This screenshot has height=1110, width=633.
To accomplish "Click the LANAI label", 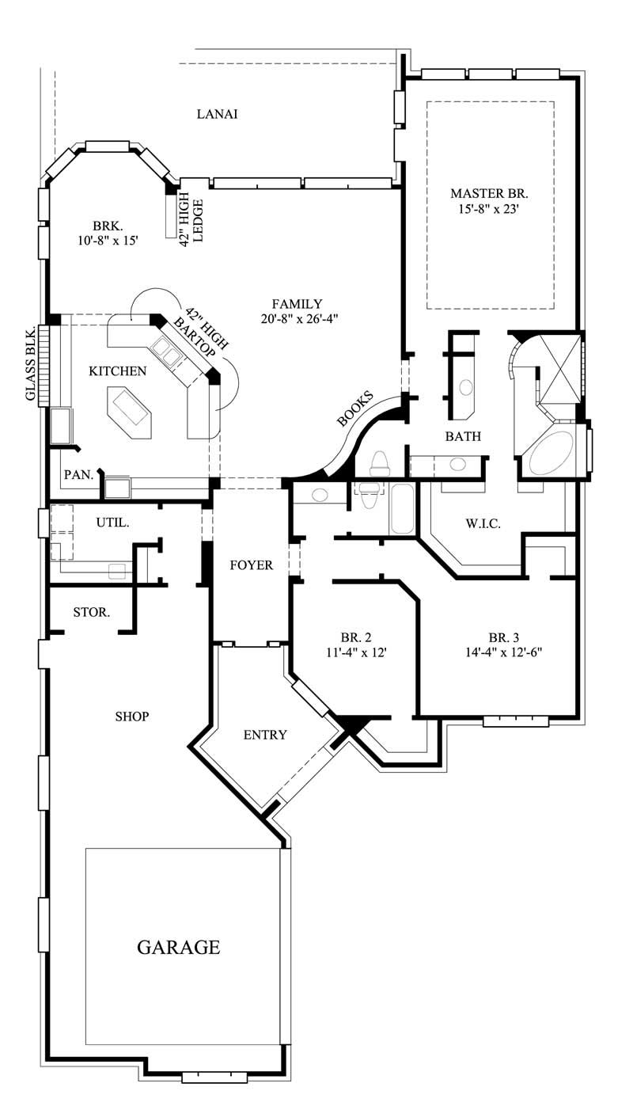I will pyautogui.click(x=217, y=114).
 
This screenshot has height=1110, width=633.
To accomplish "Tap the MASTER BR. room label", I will pyautogui.click(x=489, y=193).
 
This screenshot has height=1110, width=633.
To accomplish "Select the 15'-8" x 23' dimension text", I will pyautogui.click(x=489, y=210).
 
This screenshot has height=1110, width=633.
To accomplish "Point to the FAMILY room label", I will pyautogui.click(x=297, y=303).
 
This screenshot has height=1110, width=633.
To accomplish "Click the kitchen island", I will pyautogui.click(x=127, y=412).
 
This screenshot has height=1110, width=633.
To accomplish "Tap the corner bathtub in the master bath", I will pyautogui.click(x=552, y=452).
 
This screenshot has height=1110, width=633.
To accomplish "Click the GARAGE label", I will pyautogui.click(x=178, y=947).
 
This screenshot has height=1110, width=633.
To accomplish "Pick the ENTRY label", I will pyautogui.click(x=264, y=735).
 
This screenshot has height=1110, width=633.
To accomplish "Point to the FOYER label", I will pyautogui.click(x=251, y=565).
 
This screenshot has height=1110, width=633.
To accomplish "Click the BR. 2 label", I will pyautogui.click(x=356, y=637).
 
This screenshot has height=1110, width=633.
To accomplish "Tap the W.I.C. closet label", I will pyautogui.click(x=483, y=523).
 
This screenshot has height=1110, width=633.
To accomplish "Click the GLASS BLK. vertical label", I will pyautogui.click(x=31, y=364).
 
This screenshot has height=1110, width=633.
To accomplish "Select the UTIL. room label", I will pyautogui.click(x=112, y=523).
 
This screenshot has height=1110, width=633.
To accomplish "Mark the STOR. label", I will pyautogui.click(x=91, y=612).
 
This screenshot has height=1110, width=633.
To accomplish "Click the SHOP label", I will pyautogui.click(x=132, y=717).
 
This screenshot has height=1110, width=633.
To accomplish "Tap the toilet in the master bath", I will pyautogui.click(x=380, y=463).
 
